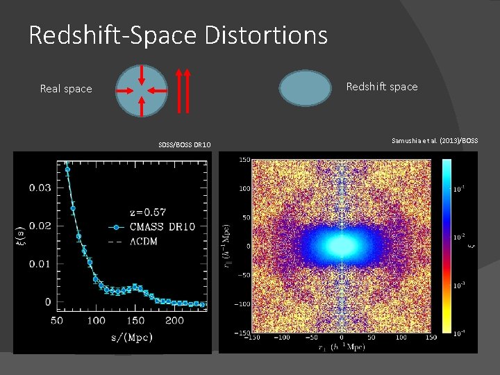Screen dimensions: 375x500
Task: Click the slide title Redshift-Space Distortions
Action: click(178, 35)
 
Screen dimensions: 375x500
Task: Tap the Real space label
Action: click(66, 89)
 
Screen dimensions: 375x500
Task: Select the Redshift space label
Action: click(382, 87)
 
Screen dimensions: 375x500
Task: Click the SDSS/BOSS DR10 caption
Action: click(185, 144)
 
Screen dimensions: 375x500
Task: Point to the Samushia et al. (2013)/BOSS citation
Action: click(435, 141)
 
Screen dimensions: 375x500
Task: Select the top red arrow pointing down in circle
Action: click(142, 74)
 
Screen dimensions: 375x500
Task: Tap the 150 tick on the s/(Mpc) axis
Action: click(135, 321)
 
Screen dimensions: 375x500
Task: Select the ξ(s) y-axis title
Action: click(21, 235)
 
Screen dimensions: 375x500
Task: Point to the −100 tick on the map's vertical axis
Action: click(242, 303)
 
